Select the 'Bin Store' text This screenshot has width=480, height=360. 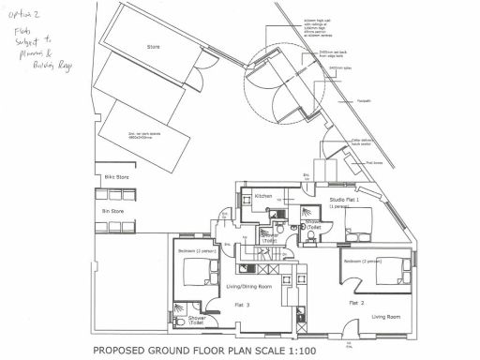pos(112,212)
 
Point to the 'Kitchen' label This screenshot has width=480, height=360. pos(263,196)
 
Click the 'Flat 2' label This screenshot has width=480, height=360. pos(355,304)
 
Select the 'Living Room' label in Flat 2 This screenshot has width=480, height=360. pos(384,317)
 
